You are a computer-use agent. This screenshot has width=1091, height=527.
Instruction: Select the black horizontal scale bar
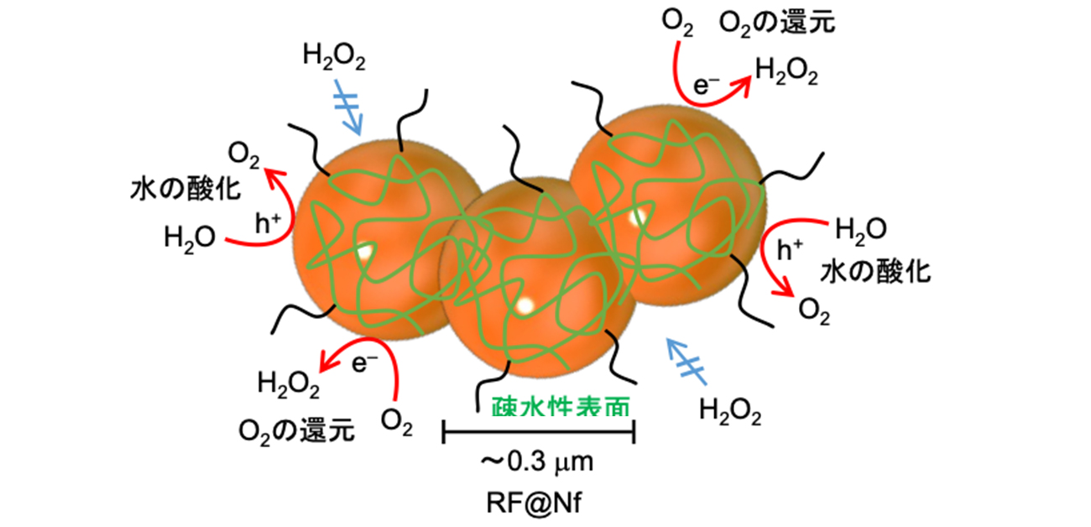coord(538,433)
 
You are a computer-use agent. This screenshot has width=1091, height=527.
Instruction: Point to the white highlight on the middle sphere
coord(526,306)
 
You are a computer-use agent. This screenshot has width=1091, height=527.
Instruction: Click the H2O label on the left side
coord(191,237)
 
